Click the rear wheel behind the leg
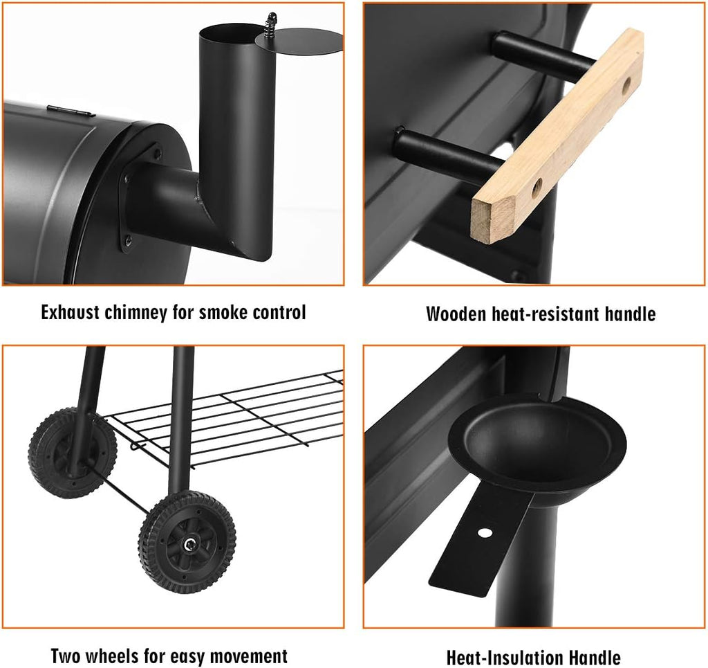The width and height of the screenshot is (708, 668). click(72, 452)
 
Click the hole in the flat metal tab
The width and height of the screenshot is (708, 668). click(485, 533)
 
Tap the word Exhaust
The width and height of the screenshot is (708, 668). click(71, 313)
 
